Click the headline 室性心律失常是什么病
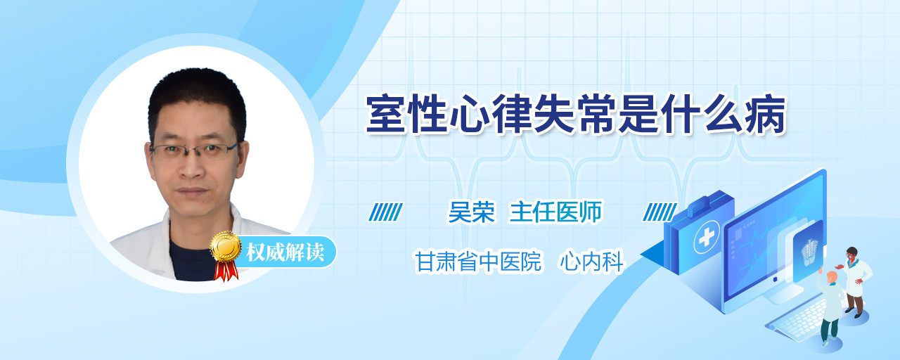575,115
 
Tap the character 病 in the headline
765,115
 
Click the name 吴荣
472,212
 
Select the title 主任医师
555,212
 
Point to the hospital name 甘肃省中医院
478,262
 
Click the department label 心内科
591,262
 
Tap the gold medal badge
226,246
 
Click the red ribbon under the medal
226,270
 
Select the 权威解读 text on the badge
285,252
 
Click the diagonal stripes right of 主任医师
660,212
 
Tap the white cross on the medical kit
706,238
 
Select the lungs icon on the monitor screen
809,252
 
